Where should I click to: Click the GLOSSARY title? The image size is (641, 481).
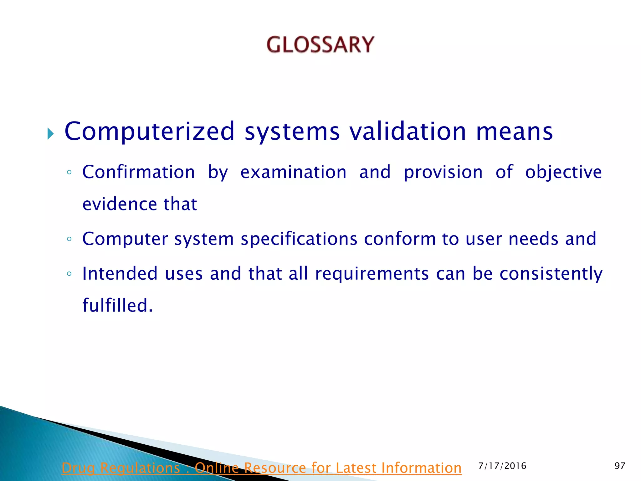(x=320, y=44)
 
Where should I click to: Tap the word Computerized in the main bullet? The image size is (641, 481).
(x=149, y=131)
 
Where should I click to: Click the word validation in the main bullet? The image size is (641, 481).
(x=408, y=131)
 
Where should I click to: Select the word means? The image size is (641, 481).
(x=514, y=132)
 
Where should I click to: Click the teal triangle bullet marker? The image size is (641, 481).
(x=50, y=134)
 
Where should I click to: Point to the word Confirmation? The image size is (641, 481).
(x=138, y=172)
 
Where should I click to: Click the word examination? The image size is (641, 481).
(x=293, y=172)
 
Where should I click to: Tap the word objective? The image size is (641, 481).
(x=563, y=173)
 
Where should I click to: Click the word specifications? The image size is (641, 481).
(x=299, y=239)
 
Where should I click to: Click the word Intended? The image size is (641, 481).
(x=120, y=273)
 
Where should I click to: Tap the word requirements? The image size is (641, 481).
(x=372, y=274)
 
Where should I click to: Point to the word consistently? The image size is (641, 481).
(x=551, y=274)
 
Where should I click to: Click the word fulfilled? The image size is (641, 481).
(x=117, y=305)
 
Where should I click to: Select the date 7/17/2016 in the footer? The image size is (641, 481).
(x=502, y=466)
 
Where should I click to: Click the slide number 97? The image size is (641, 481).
(x=620, y=466)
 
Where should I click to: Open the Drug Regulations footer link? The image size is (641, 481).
(x=261, y=468)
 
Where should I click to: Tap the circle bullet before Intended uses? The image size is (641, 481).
(x=69, y=274)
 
